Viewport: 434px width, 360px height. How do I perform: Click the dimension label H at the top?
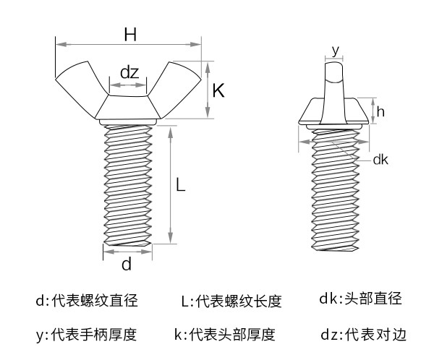pyautogui.click(x=130, y=34)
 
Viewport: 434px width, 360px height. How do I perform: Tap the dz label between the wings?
pyautogui.click(x=129, y=72)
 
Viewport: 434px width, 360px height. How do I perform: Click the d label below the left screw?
pyautogui.click(x=126, y=265)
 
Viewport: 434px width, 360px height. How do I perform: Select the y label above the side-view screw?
pyautogui.click(x=335, y=49)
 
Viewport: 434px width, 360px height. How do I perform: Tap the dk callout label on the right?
pyautogui.click(x=380, y=160)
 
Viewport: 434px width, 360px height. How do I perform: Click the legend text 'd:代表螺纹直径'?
pyautogui.click(x=86, y=301)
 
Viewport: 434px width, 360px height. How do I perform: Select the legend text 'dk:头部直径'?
pyautogui.click(x=359, y=299)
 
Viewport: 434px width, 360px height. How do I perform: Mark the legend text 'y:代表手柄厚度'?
pyautogui.click(x=86, y=335)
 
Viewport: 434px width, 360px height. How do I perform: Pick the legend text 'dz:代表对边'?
pyautogui.click(x=364, y=335)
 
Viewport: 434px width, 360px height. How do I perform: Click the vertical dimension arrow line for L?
pyautogui.click(x=171, y=185)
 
